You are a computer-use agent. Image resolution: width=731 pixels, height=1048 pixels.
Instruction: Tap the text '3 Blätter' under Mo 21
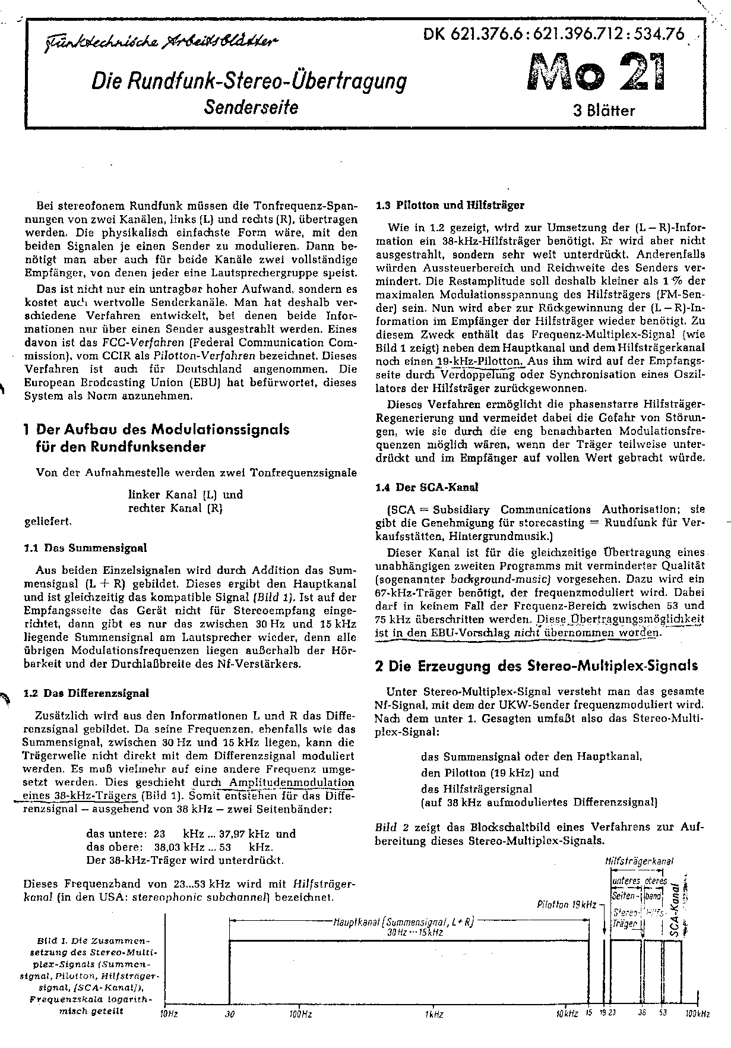(604, 111)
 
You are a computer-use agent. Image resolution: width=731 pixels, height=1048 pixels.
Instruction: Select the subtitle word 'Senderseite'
(251, 106)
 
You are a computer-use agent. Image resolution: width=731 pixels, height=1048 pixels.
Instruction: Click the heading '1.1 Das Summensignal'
(84, 547)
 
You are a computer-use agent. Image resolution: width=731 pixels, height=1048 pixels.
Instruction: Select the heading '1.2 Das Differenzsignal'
(86, 693)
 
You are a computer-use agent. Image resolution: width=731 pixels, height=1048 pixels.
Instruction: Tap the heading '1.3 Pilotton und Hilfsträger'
(450, 206)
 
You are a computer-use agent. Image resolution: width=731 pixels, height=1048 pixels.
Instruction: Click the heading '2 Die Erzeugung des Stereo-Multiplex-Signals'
(536, 665)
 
